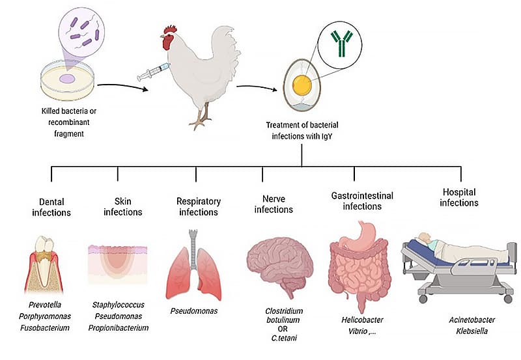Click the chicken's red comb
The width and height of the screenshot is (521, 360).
171,30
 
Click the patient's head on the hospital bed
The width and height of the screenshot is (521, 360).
424,238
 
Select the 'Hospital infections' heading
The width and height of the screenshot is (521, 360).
458,197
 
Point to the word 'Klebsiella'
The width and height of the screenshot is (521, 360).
464,330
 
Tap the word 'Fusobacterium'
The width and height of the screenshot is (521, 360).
46,327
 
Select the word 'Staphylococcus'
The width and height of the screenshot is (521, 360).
118,304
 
